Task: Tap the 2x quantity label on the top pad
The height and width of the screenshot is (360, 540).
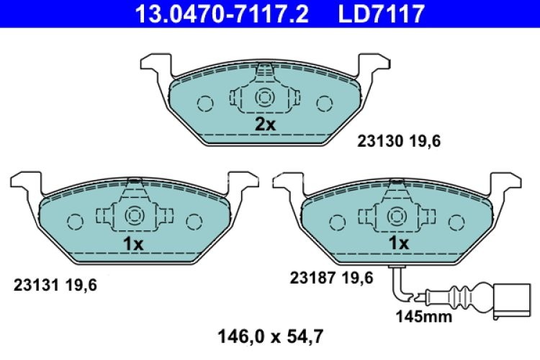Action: coord(265,125)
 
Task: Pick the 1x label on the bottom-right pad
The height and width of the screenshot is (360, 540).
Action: coord(398,244)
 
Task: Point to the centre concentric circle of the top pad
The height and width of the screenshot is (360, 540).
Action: coord(265,99)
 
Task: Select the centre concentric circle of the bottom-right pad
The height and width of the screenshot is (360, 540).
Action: coord(397,215)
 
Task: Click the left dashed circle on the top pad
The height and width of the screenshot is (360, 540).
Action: coord(205,104)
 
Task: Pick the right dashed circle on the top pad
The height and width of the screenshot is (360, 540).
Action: coord(325,104)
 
